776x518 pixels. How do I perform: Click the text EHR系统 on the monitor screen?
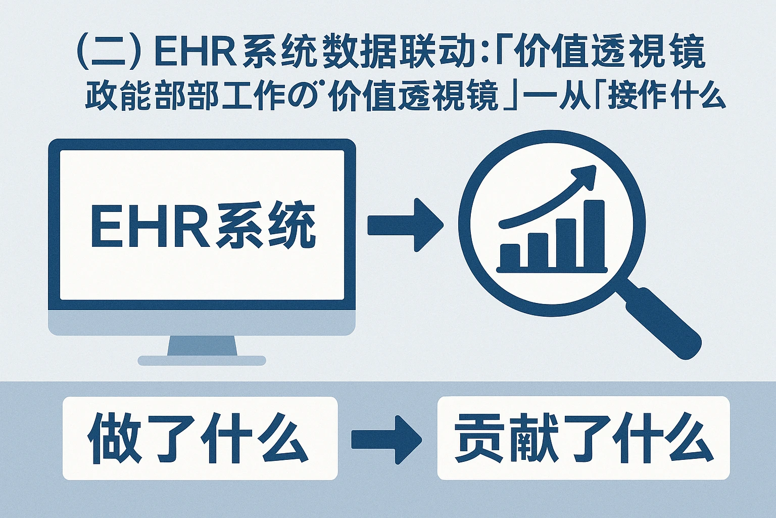point(202,226)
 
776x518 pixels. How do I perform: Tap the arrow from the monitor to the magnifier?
point(404,225)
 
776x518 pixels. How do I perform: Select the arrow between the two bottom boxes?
point(386,440)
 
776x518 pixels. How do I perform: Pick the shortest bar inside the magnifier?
point(510,256)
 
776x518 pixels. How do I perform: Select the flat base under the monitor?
point(202,361)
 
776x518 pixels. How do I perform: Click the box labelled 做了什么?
point(200,438)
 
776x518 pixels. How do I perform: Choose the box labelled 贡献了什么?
point(583,438)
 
